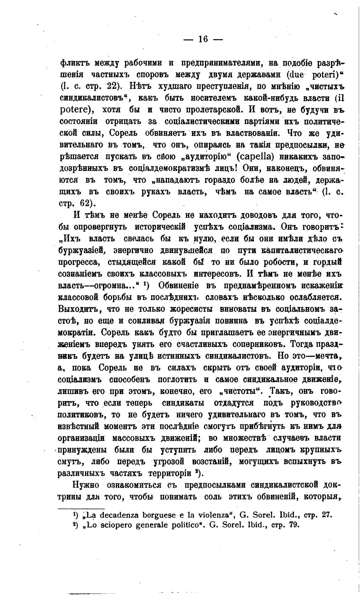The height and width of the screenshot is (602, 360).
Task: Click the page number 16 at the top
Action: (x=203, y=39)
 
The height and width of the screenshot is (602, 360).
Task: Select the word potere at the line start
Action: (x=75, y=110)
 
